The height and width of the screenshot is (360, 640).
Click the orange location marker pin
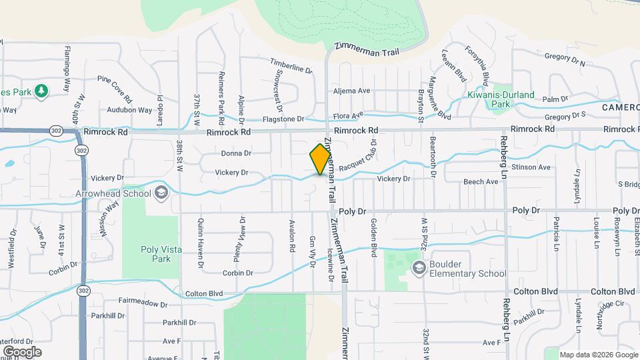point(321,159)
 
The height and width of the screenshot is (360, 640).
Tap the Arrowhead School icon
point(160,193)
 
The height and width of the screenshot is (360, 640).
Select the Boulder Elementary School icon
point(419,268)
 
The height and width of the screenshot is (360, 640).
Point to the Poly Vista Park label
point(160,254)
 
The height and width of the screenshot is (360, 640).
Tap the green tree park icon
point(41,90)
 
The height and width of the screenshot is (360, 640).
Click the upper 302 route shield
point(53,132)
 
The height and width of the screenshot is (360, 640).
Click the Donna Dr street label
point(236,153)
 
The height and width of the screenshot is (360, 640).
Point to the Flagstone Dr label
point(283,119)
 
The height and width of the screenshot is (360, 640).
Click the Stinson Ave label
point(535,167)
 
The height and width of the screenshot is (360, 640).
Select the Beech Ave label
point(481,181)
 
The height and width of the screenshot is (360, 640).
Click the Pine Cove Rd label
point(115,85)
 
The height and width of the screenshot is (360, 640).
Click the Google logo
point(22,352)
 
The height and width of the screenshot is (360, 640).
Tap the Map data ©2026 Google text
point(598,355)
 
